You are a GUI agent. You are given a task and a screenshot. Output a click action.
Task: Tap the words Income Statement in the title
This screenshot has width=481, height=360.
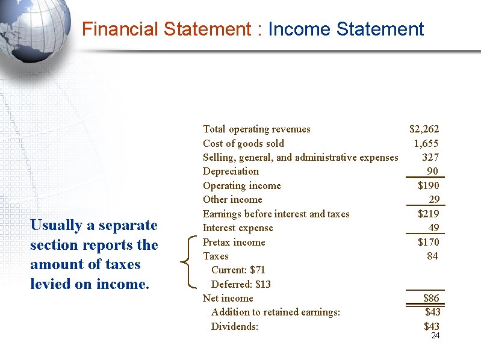346,29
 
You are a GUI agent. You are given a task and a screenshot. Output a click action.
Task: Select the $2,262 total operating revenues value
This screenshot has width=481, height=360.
424,129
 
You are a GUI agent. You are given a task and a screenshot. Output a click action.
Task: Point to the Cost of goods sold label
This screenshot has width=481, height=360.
243,143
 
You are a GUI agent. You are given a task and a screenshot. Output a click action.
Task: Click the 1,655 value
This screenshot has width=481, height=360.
426,143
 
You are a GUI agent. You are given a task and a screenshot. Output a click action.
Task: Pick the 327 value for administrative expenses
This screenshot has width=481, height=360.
430,157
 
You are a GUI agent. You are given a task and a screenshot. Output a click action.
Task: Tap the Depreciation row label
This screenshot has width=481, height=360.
231,171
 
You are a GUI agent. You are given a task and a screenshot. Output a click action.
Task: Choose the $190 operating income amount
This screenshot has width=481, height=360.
428,185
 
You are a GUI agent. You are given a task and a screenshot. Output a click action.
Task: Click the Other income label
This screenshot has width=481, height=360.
232,199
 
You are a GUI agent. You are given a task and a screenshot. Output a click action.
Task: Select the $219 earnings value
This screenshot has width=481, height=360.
428,214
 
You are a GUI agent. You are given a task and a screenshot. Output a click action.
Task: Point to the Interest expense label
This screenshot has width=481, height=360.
238,228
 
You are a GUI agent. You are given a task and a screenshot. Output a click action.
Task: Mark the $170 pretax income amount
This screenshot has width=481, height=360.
428,242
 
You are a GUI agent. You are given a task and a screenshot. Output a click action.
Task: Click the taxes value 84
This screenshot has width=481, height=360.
432,256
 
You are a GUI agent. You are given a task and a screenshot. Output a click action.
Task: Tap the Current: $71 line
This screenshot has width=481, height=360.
238,270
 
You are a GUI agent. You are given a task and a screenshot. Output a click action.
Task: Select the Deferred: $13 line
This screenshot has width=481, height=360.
241,284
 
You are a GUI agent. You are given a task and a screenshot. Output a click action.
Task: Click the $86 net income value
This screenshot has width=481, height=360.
430,298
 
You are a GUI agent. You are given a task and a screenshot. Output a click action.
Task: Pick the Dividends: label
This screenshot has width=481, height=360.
234,326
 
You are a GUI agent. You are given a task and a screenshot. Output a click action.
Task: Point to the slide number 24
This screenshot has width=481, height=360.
435,335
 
